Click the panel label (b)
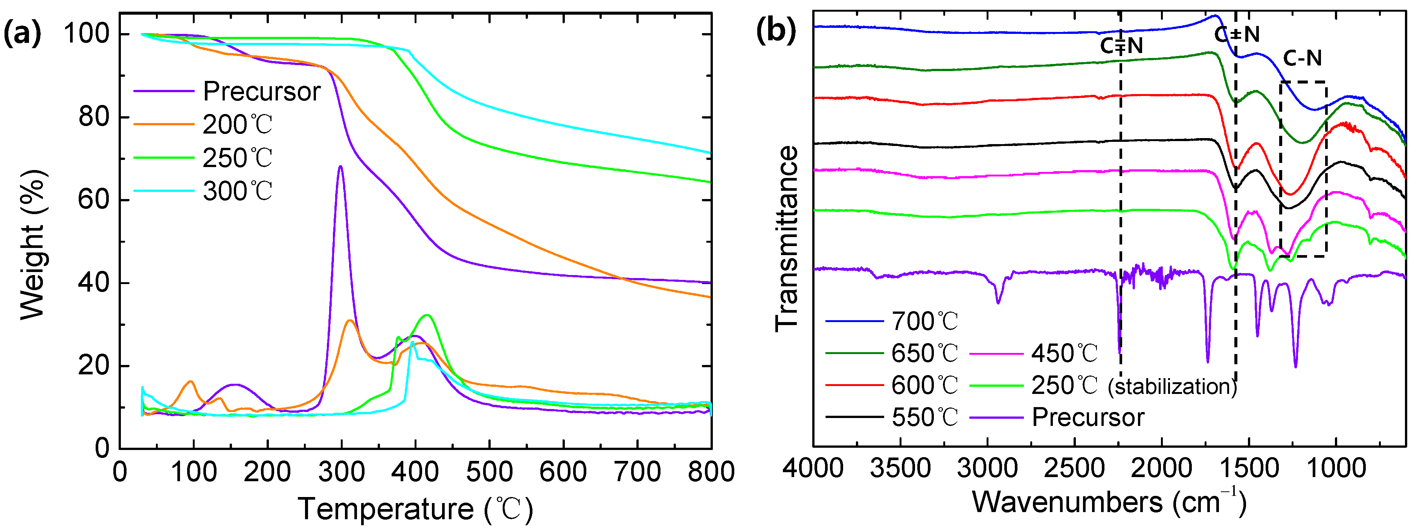pos(776,30)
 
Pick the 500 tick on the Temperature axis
pos(488,472)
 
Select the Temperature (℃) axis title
pos(415,509)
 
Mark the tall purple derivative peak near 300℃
pos(340,167)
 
